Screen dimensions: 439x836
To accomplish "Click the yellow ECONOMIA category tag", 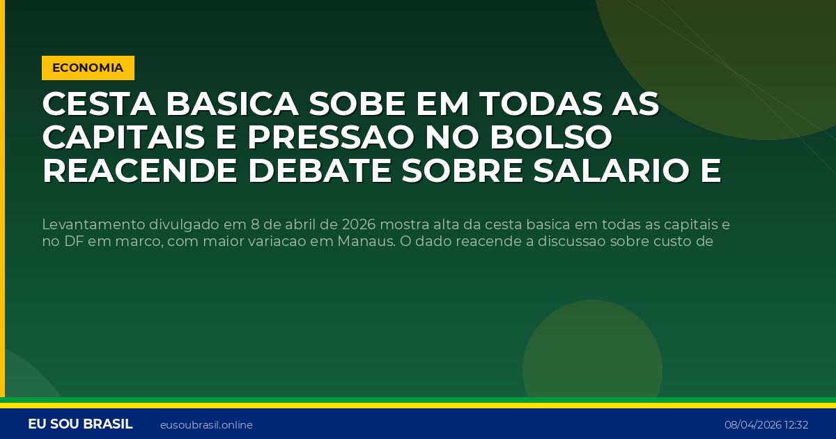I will (88, 68).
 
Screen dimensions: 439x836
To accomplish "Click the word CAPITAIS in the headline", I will (123, 138).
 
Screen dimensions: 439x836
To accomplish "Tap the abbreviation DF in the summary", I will (71, 242).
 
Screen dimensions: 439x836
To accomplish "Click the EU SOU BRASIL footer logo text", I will (80, 424).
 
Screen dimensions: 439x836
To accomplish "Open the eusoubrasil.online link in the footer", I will (206, 425).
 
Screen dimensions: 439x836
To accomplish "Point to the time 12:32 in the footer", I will (796, 425).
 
